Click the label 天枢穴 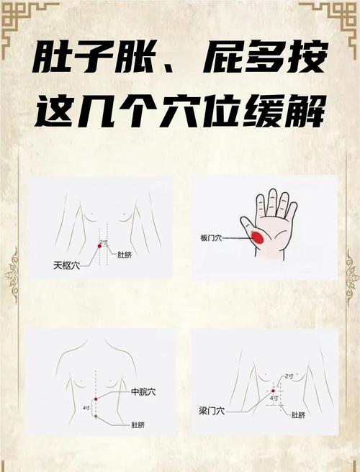pos(66,264)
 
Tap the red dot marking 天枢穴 pos(99,247)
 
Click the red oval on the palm pos(257,237)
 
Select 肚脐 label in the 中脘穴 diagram pos(140,425)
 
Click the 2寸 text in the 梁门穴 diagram pos(289,376)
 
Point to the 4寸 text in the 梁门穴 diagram pos(274,397)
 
